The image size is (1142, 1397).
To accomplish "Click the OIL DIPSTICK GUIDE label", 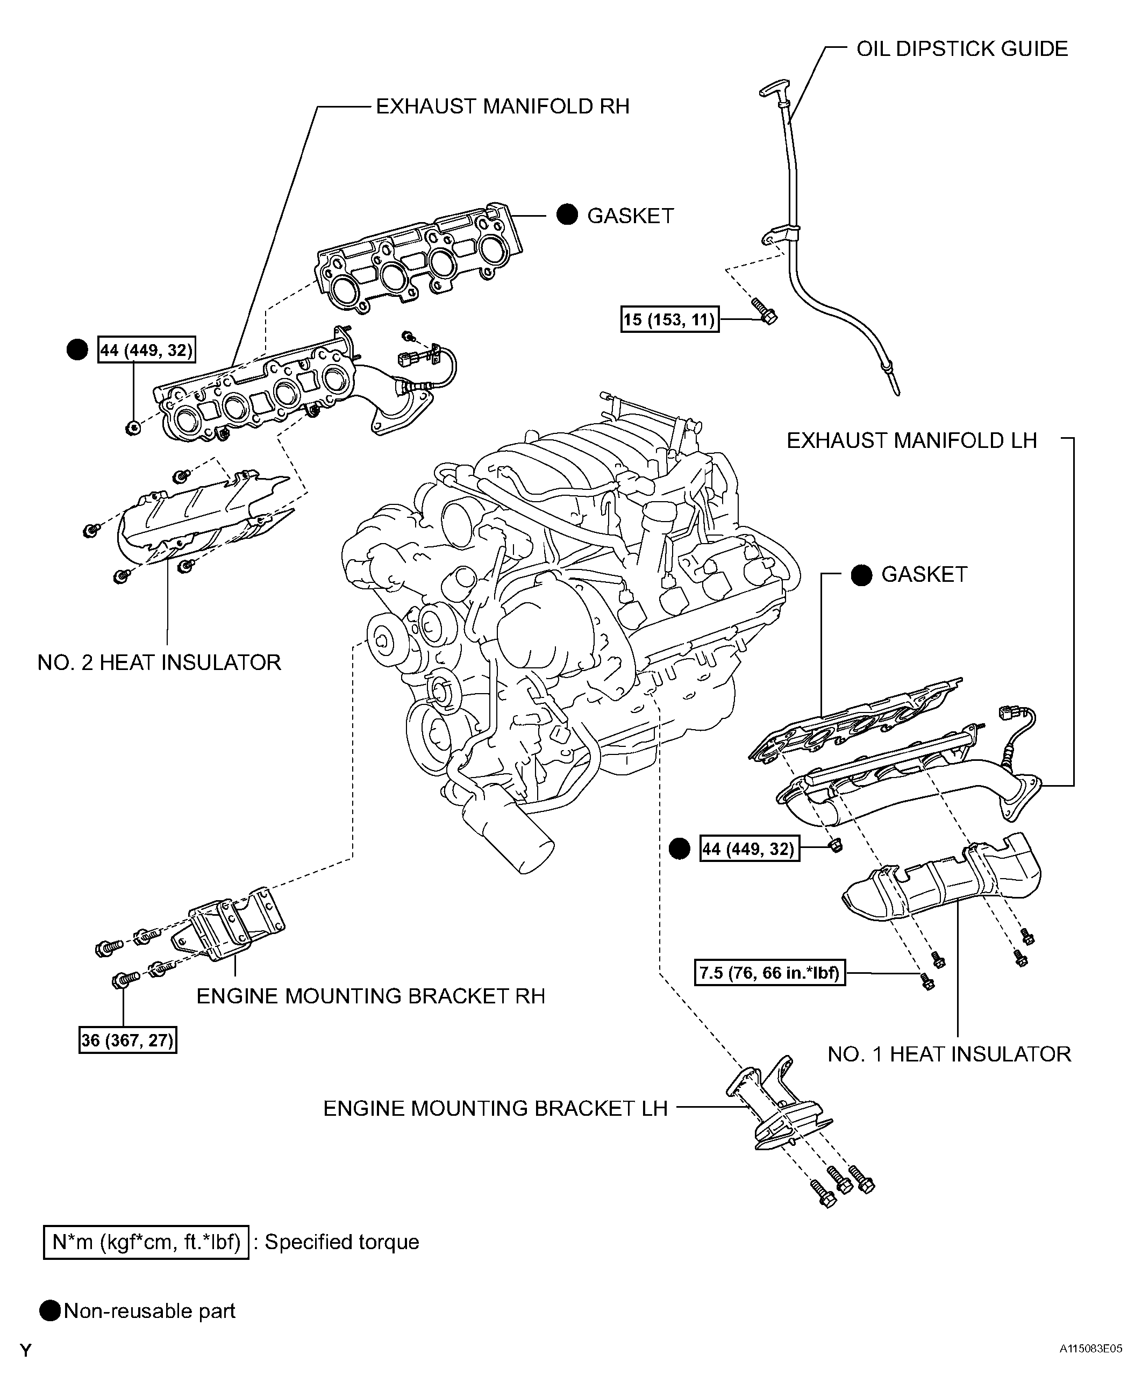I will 962,49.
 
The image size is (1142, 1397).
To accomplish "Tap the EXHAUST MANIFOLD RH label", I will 503,106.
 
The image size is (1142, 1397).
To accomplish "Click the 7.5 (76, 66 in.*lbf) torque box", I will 769,972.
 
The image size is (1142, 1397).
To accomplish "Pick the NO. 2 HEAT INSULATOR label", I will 159,662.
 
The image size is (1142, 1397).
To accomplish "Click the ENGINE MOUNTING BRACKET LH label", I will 495,1109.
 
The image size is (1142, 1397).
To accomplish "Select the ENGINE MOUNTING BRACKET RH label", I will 371,996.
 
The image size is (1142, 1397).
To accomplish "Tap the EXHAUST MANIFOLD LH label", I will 912,441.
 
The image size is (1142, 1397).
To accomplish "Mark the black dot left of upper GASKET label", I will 567,215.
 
